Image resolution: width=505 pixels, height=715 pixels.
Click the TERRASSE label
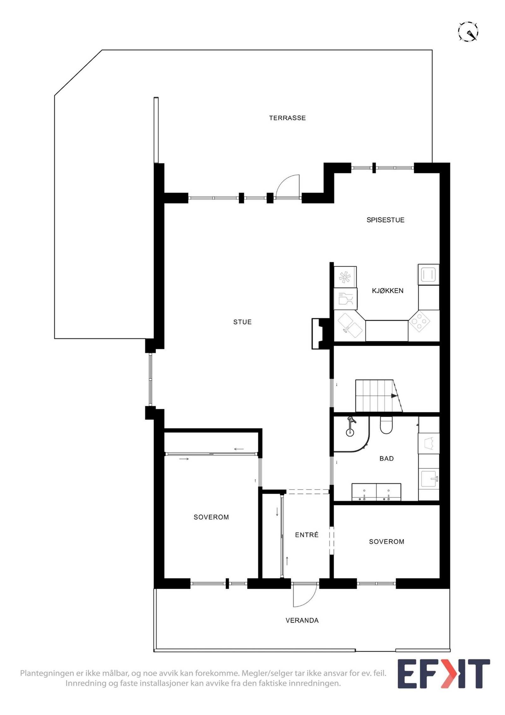pyautogui.click(x=287, y=118)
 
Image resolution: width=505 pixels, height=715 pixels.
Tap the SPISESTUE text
pyautogui.click(x=385, y=220)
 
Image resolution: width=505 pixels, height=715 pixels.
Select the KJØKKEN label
pyautogui.click(x=387, y=291)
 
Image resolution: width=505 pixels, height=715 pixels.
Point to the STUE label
pyautogui.click(x=242, y=322)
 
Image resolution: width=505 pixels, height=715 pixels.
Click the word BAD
pyautogui.click(x=386, y=459)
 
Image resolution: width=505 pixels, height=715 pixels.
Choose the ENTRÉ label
pyautogui.click(x=306, y=535)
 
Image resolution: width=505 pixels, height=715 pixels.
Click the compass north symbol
pyautogui.click(x=468, y=32)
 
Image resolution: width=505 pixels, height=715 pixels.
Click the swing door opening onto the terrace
pyautogui.click(x=287, y=187)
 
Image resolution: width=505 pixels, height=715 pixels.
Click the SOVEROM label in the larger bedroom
pyautogui.click(x=211, y=517)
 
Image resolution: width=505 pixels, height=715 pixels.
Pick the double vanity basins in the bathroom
pyautogui.click(x=376, y=492)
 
